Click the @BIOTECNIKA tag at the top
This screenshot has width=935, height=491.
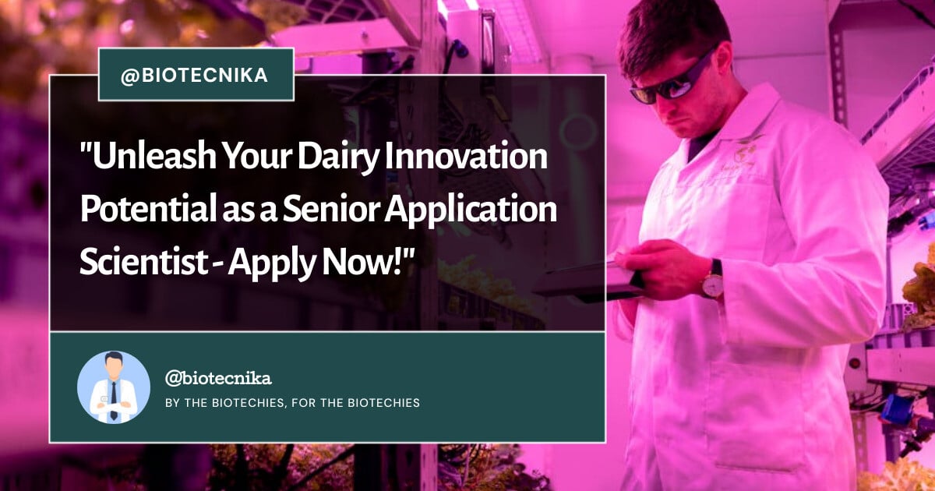tap(196, 75)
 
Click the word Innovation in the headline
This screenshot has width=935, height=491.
tap(466, 155)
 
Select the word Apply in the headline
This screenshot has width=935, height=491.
tap(272, 264)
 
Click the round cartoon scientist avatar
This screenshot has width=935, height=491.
tap(114, 387)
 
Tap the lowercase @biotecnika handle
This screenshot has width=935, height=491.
tap(218, 378)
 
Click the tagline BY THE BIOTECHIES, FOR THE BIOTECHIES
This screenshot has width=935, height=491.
tap(293, 402)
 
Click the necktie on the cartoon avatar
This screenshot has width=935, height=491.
tap(114, 400)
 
